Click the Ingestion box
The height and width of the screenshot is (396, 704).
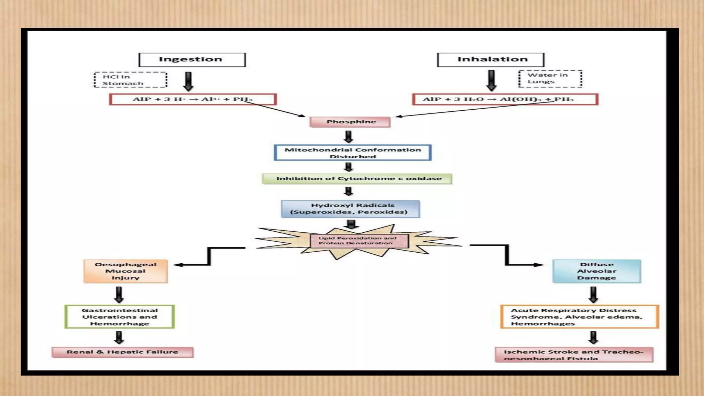click(x=192, y=60)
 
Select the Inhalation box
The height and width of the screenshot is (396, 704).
click(x=491, y=60)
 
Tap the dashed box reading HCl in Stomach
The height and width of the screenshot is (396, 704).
click(x=130, y=80)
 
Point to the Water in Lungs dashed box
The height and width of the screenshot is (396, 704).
click(x=550, y=78)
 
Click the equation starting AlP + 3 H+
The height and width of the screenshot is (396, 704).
click(x=192, y=99)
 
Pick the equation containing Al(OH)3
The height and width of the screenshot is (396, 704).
click(x=505, y=99)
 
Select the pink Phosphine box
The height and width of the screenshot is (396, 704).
click(x=350, y=122)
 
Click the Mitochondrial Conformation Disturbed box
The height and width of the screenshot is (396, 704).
click(x=353, y=153)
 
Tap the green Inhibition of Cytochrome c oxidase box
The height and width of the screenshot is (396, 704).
click(x=357, y=179)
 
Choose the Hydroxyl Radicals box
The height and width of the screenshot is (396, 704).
click(x=350, y=209)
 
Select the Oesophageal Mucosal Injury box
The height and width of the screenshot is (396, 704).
click(x=125, y=271)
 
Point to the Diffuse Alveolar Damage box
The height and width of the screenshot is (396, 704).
click(x=596, y=271)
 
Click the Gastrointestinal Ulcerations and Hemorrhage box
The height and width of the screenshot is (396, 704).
click(x=120, y=317)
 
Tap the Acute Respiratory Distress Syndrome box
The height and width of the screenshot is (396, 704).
click(x=579, y=317)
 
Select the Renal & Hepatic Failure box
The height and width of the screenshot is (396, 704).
click(x=122, y=352)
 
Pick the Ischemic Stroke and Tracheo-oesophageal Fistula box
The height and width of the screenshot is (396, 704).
click(x=574, y=354)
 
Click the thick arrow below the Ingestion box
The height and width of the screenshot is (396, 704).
click(x=188, y=81)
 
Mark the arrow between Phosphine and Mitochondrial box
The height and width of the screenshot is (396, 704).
click(x=349, y=137)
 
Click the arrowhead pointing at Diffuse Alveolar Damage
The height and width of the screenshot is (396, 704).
click(x=539, y=265)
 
